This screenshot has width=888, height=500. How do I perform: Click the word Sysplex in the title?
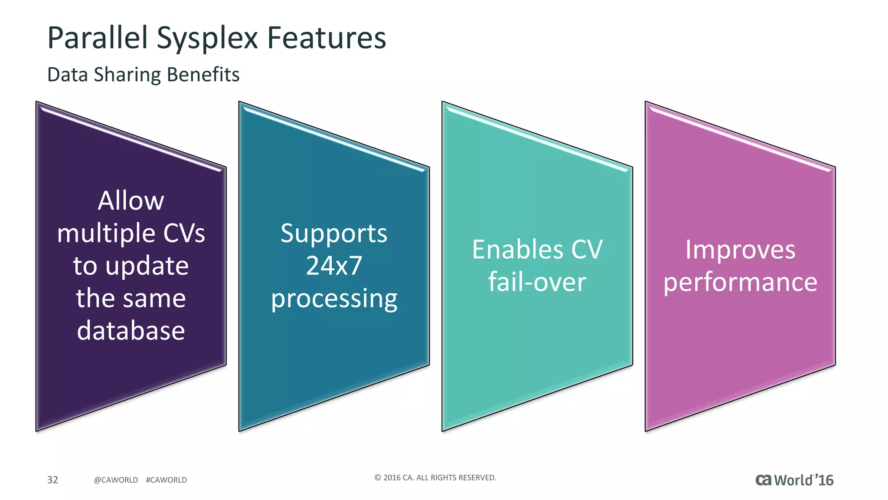207,38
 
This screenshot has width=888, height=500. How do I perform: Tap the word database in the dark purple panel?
131,330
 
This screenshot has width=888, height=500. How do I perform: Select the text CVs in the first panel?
184,233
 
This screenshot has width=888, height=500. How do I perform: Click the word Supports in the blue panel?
333,234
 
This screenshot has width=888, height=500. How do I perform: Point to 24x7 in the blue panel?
333,265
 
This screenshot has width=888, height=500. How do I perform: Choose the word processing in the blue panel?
334,299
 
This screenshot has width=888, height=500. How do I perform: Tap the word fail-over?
537,282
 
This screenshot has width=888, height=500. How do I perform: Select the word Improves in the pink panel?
740,250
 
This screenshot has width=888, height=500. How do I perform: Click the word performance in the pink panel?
740,282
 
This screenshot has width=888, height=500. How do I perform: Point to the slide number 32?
52,480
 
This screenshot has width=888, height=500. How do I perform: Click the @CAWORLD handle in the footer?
116,480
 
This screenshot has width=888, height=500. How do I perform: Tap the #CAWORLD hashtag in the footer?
166,480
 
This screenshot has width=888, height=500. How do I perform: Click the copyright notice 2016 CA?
435,477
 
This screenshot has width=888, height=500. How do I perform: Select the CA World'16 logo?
794,480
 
